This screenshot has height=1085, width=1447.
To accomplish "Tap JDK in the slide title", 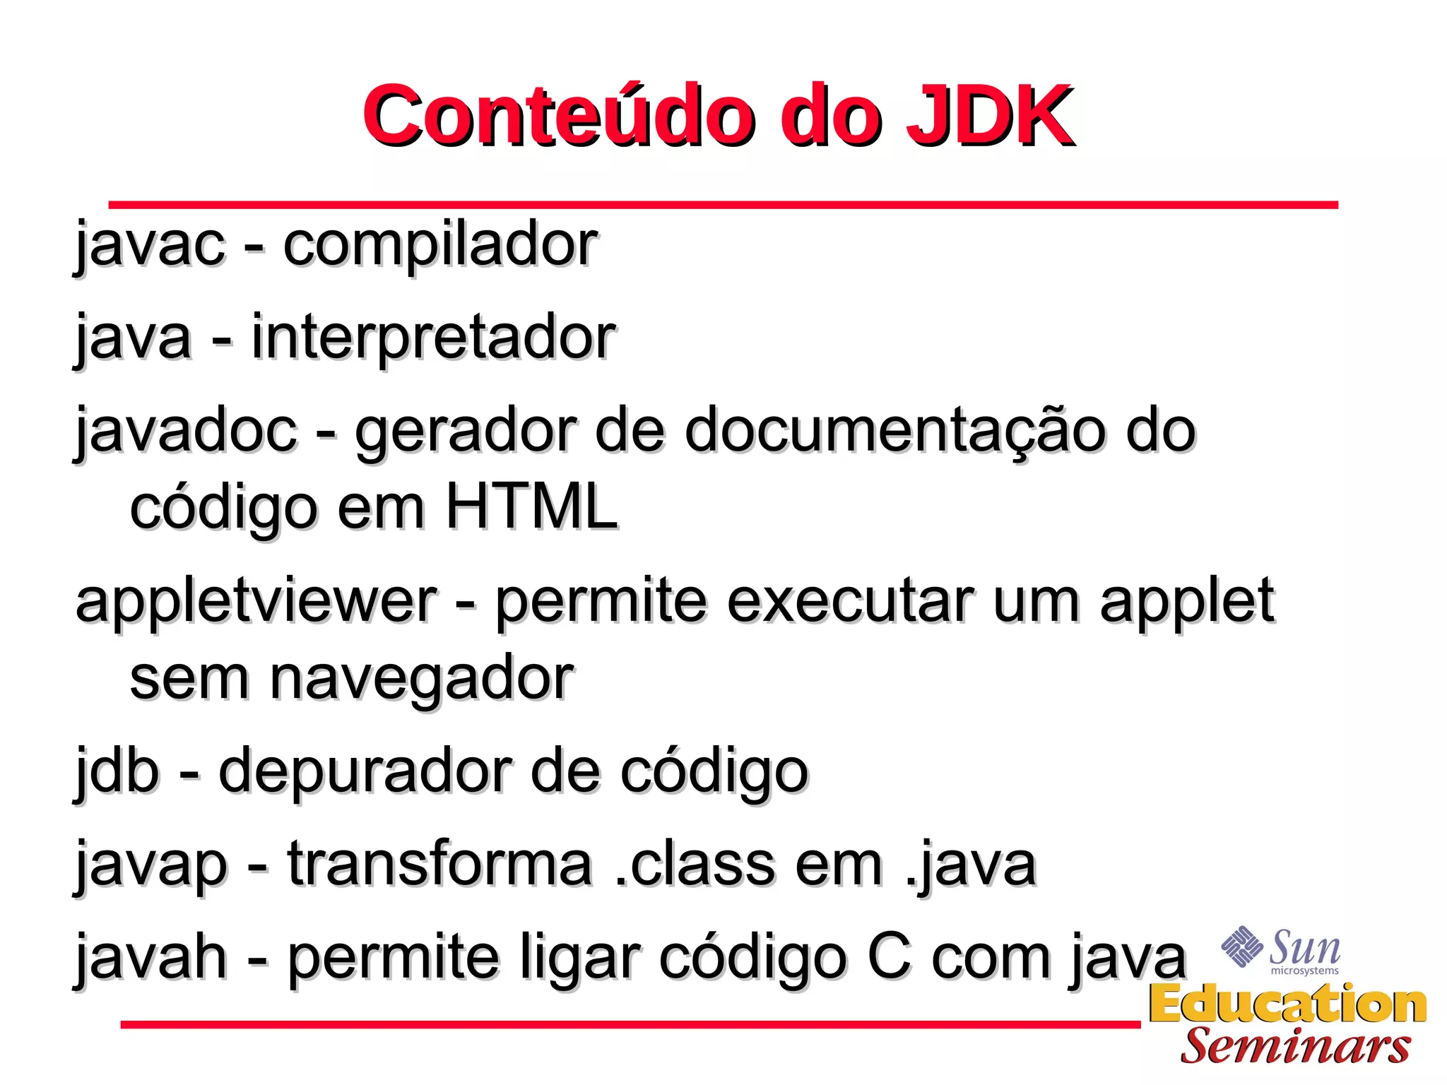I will pos(989,117).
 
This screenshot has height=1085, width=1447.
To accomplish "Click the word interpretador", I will pos(433,338).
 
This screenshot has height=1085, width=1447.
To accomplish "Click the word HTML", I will pos(532,507).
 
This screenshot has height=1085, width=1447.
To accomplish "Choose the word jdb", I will pos(117,771).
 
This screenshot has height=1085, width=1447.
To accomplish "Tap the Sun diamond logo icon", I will pos(1241,946).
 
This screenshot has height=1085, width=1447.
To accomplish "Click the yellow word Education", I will pos(1287,1004).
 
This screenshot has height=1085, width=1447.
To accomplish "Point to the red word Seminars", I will pos(1295,1046).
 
